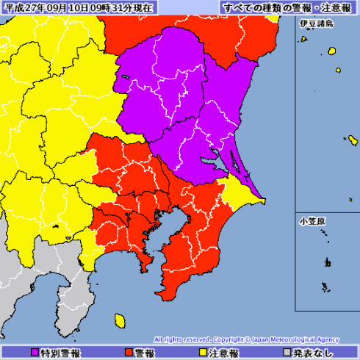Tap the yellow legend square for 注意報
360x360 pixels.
pyautogui.click(x=202, y=352)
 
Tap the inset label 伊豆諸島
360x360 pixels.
pyautogui.click(x=316, y=24)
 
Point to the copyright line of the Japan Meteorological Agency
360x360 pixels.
pyautogui.click(x=246, y=339)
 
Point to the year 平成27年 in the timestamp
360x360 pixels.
pyautogui.click(x=23, y=7)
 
